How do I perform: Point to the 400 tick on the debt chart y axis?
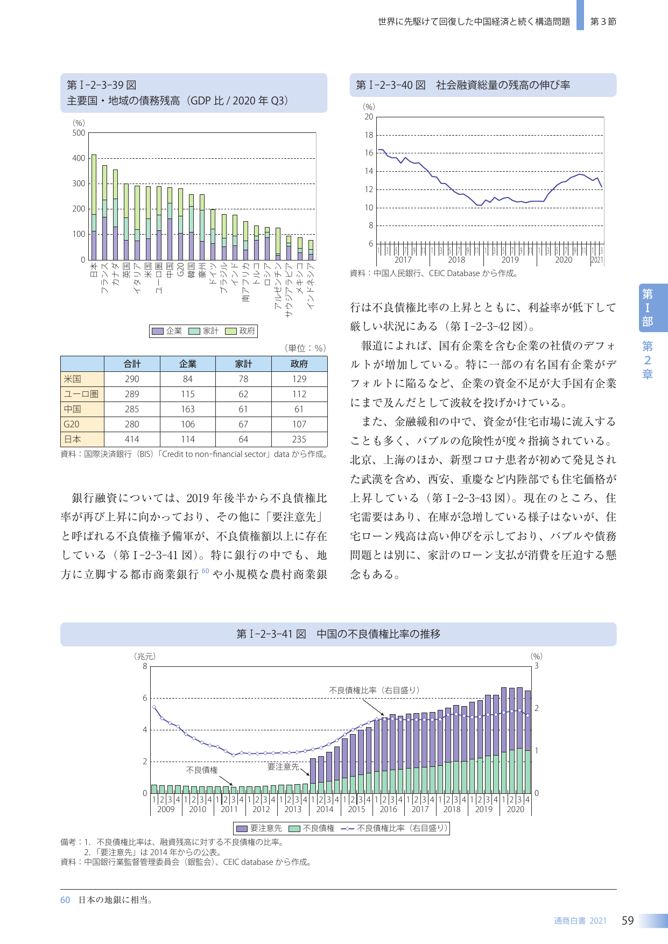[79, 158]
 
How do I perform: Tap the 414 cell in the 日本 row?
[132, 439]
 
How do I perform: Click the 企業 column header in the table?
[187, 364]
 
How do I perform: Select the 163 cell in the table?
[187, 409]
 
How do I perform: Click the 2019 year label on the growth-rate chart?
[510, 260]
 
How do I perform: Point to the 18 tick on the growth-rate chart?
[369, 135]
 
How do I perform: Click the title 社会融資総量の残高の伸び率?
[503, 85]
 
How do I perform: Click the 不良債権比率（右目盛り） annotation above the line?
[374, 690]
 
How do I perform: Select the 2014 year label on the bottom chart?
[325, 809]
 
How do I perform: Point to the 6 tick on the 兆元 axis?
[145, 698]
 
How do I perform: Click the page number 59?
[628, 921]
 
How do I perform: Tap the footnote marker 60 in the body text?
[205, 571]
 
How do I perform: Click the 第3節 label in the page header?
[603, 22]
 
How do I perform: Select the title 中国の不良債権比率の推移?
[378, 634]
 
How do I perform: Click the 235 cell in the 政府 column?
[299, 439]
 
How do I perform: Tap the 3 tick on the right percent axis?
[536, 666]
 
